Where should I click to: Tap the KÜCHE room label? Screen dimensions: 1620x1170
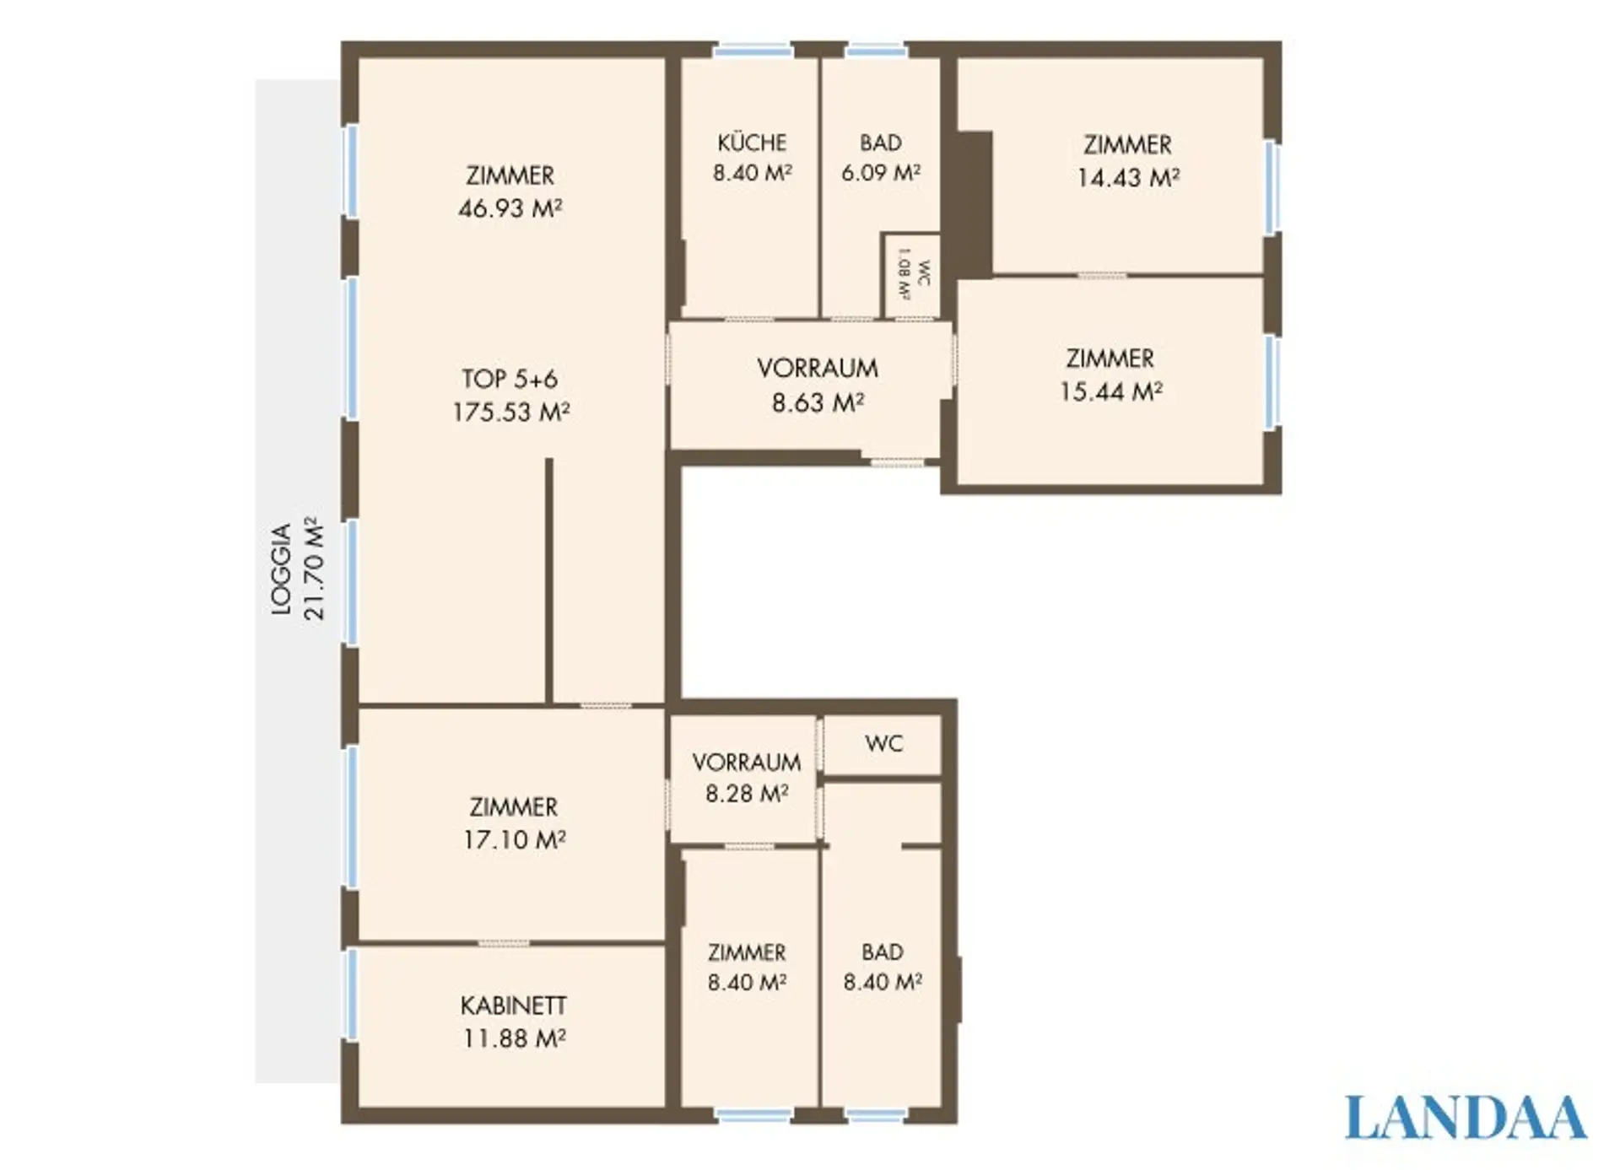click(x=752, y=142)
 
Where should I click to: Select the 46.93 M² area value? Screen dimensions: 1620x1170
click(x=510, y=208)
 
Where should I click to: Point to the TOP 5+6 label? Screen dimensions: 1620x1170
click(x=510, y=379)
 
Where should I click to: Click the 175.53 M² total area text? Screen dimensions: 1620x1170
click(x=511, y=412)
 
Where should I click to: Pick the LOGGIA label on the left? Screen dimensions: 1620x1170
click(x=282, y=569)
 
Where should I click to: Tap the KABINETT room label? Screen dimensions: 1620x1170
click(x=514, y=1006)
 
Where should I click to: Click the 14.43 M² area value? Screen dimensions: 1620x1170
click(x=1128, y=177)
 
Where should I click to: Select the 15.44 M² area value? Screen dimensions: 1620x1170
click(x=1111, y=391)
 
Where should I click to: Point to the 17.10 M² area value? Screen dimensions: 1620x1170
click(x=514, y=839)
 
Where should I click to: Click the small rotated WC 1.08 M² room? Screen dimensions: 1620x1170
click(x=912, y=275)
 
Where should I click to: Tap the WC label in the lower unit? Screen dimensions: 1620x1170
click(x=883, y=743)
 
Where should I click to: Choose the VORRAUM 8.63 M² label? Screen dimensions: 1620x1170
click(x=818, y=386)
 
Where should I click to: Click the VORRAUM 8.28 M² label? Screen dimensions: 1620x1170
click(x=747, y=778)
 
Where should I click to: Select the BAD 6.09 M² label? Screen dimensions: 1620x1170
click(x=881, y=157)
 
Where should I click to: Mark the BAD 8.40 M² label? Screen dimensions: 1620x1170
click(x=883, y=967)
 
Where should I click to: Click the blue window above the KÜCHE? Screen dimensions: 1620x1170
click(x=753, y=51)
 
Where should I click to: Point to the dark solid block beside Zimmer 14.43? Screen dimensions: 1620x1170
click(x=975, y=204)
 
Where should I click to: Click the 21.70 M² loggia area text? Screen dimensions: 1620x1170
click(x=314, y=569)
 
